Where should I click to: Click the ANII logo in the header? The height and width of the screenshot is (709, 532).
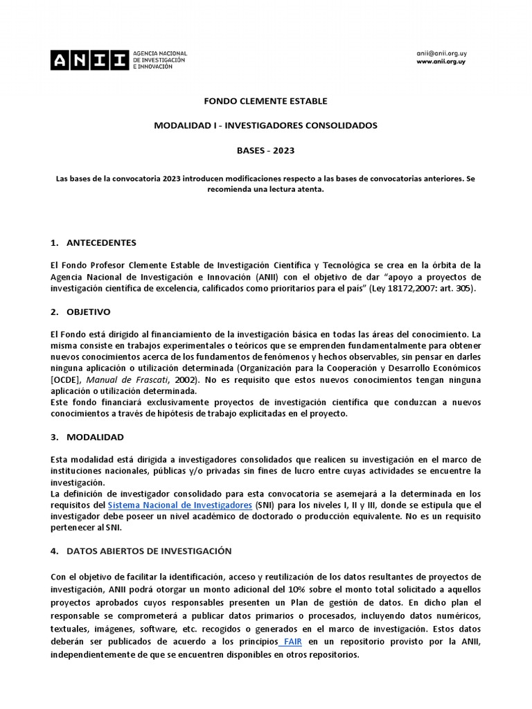point(88,60)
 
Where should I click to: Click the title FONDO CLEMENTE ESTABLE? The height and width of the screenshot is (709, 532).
point(265,101)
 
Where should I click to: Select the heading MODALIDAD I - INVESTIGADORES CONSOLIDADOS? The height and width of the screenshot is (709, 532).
point(265,125)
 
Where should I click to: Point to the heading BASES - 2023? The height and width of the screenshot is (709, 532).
point(265,150)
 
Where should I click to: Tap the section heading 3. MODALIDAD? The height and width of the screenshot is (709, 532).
point(87,437)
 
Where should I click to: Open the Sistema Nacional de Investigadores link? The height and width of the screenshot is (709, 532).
point(179,506)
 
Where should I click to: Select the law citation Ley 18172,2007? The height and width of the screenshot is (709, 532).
point(386,287)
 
